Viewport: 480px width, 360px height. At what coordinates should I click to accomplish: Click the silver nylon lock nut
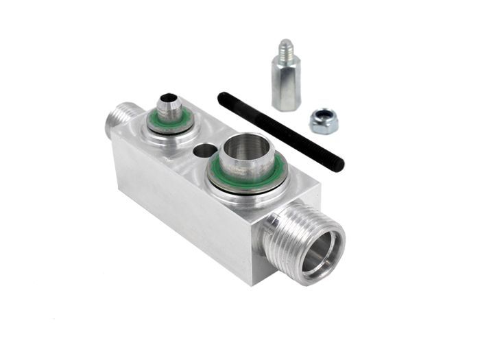[324, 121]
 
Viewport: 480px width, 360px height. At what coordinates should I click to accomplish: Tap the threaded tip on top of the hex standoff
[284, 50]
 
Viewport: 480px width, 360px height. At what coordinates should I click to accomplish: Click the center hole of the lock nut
[324, 118]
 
